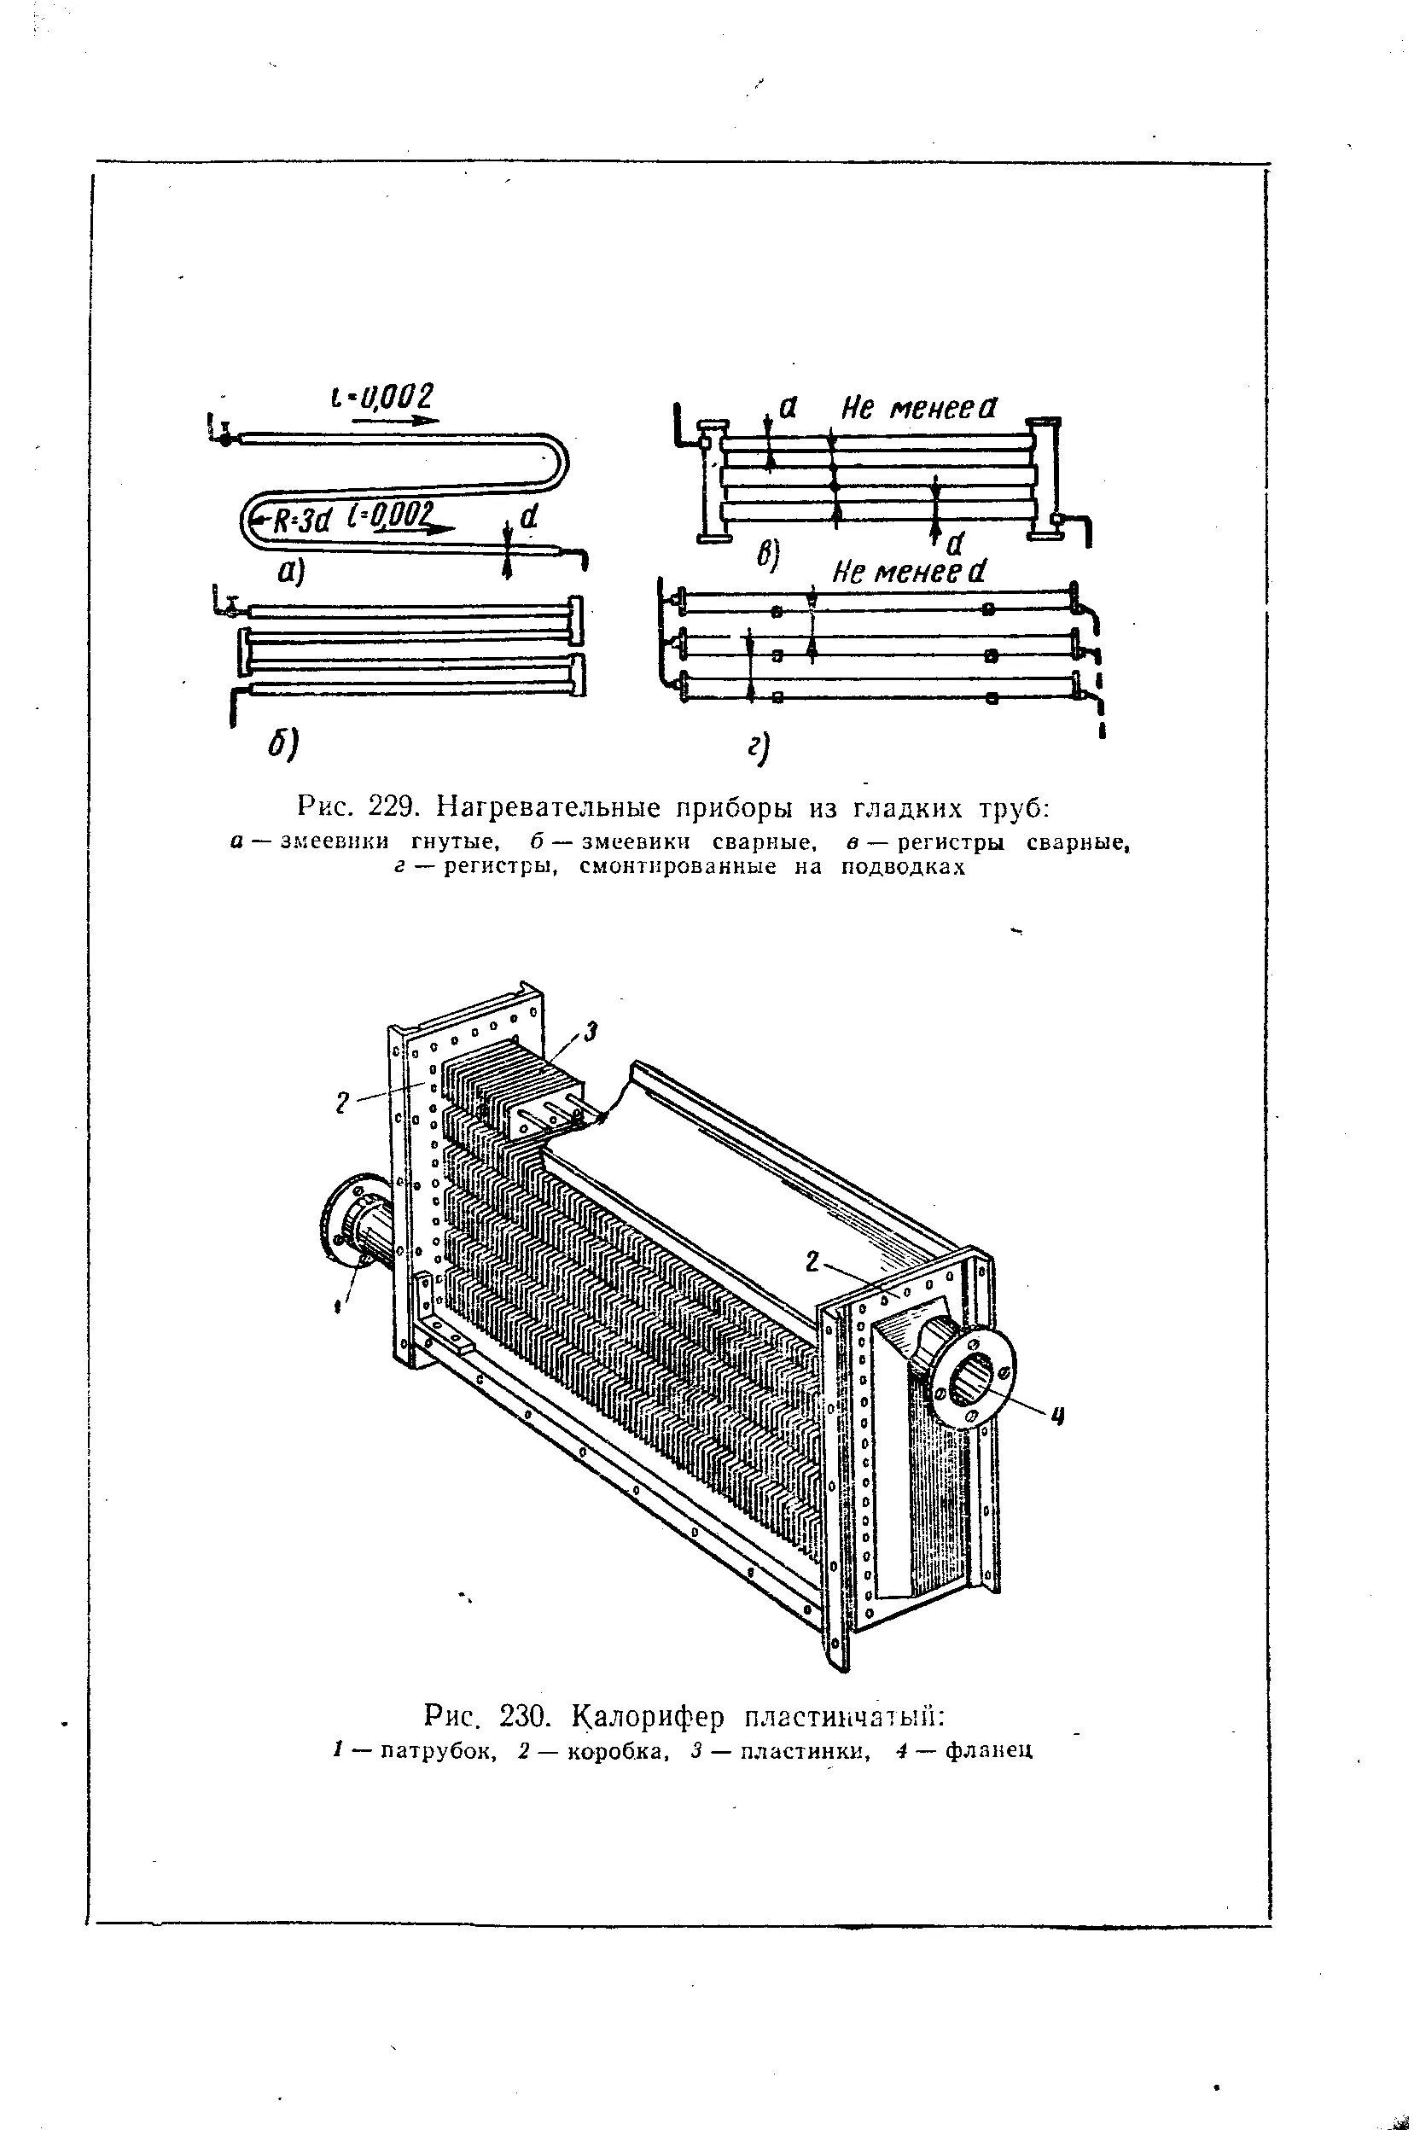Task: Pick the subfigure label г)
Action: tap(757, 748)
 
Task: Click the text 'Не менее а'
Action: tap(918, 410)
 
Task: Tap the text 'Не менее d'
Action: tap(908, 572)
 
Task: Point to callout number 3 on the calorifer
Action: tap(591, 1032)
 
